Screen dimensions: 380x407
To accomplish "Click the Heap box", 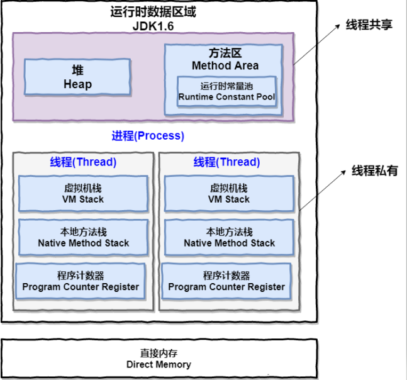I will pos(77,77).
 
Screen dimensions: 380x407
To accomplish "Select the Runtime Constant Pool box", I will pos(226,92).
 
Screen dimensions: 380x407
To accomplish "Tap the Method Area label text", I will pos(225,65).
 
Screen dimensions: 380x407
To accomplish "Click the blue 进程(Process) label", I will pos(148,136).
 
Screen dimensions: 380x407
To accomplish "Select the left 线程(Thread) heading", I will pos(83,162).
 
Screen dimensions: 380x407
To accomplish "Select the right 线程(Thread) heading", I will pos(226,162).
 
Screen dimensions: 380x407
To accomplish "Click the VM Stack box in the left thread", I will pos(83,193).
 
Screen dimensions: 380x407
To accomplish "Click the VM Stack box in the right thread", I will pos(228,193).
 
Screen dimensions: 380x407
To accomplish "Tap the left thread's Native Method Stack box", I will pos(83,237).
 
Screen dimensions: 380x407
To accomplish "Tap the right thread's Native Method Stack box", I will pos(229,237).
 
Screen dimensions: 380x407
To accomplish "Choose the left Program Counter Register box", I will pos(81,281).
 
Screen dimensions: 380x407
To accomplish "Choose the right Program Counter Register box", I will pos(226,281).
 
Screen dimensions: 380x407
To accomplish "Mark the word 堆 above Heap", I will pos(77,70).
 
